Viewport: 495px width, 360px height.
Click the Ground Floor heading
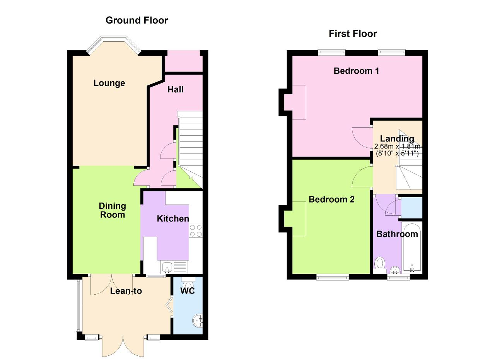coord(137,20)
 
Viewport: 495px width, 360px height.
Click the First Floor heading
coord(353,34)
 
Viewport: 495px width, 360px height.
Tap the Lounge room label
coord(109,83)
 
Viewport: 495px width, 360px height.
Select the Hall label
coord(176,89)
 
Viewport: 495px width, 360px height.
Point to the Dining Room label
coord(113,210)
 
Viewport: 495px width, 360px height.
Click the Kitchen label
coord(173,218)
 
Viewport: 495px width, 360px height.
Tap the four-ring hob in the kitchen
coord(196,231)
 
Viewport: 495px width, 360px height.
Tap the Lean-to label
coord(126,291)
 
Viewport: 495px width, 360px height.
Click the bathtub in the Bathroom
coord(412,248)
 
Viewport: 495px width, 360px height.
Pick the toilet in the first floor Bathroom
coord(380,265)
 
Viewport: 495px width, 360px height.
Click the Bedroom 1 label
coord(356,71)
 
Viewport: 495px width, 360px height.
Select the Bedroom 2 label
coord(331,200)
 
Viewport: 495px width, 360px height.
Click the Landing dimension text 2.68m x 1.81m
coord(397,146)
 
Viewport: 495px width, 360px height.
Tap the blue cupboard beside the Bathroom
coord(411,208)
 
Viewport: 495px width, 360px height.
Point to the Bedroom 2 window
coord(333,277)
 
